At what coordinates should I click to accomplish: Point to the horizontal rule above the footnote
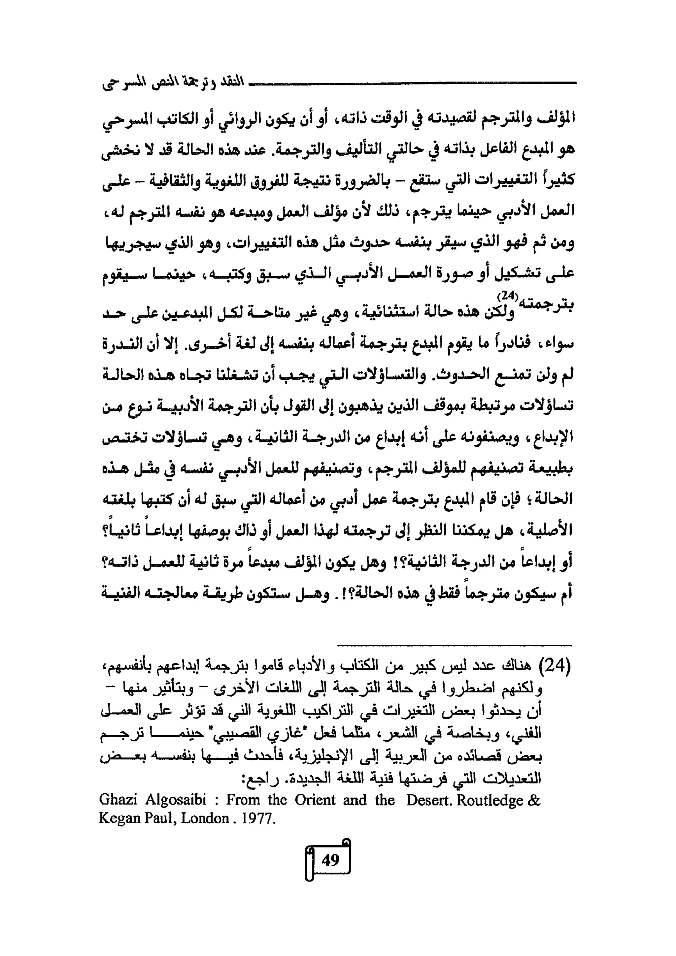click(x=454, y=646)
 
